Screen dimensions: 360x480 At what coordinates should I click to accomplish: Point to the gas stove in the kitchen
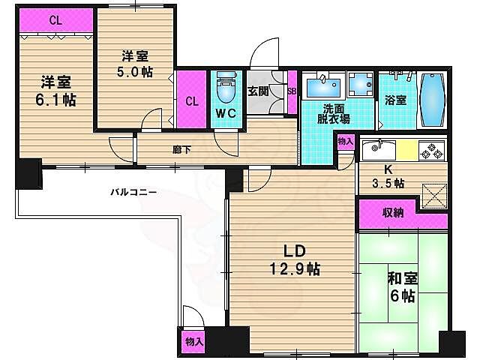point(433,150)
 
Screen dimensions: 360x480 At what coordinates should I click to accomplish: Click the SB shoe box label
point(292,91)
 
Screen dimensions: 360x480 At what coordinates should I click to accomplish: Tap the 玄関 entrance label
point(259,91)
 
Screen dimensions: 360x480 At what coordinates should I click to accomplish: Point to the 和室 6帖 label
point(402,287)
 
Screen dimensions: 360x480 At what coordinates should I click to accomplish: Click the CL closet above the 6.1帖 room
point(55,20)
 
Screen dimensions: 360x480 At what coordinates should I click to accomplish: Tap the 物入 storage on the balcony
point(193,342)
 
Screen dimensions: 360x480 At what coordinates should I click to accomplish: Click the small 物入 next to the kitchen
point(345,141)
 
